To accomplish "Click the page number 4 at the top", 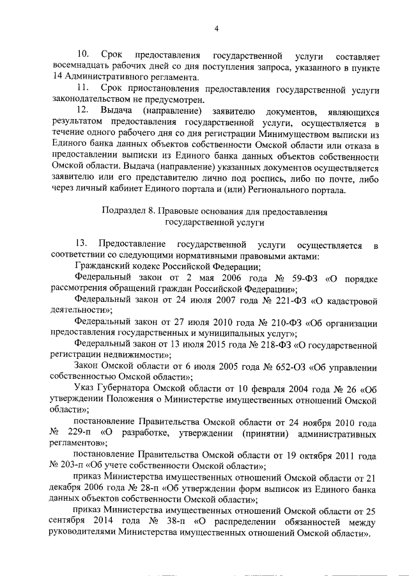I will point(217,28).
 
